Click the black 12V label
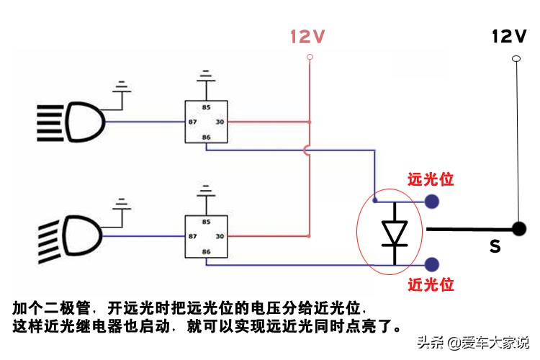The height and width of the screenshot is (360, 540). [x=509, y=35]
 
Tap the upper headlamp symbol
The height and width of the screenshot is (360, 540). [x=72, y=122]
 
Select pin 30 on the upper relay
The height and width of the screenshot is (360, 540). [x=220, y=122]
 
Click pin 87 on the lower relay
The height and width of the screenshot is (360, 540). [x=192, y=235]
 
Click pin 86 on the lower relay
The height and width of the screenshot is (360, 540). [x=206, y=251]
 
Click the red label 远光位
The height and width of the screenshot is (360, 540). [x=431, y=179]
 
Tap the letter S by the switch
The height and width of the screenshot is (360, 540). [x=495, y=247]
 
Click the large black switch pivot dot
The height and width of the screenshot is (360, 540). [x=518, y=229]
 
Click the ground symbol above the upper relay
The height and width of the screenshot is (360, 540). [x=206, y=74]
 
